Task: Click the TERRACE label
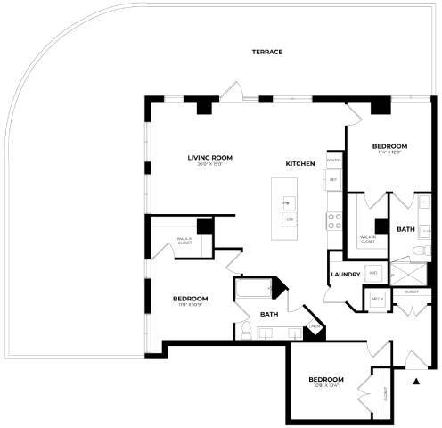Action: (x=266, y=52)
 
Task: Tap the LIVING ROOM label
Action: (x=209, y=158)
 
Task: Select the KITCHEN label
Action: (x=299, y=164)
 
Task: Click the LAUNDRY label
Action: (x=344, y=274)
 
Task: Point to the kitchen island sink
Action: (x=288, y=198)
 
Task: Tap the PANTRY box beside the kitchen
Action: (x=333, y=160)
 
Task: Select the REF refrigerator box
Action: (x=333, y=179)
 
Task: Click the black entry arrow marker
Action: (x=416, y=382)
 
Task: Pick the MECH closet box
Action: (x=377, y=299)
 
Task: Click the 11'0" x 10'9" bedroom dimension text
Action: (x=190, y=305)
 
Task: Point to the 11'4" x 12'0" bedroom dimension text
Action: (x=389, y=152)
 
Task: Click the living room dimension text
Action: (x=209, y=165)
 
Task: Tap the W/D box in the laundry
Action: (x=373, y=272)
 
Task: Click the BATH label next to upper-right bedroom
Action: (x=405, y=229)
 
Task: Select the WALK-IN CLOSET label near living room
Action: (x=184, y=239)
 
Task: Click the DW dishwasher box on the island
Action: (x=289, y=218)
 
